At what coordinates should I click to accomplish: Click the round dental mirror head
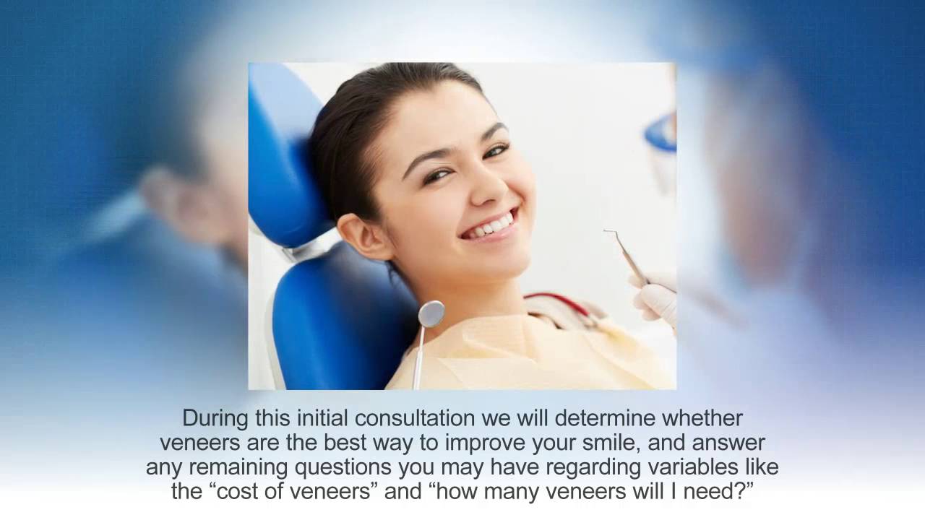coord(431,313)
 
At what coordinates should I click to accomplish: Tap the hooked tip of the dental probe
coord(607,233)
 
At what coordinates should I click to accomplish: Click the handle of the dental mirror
coord(419,357)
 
